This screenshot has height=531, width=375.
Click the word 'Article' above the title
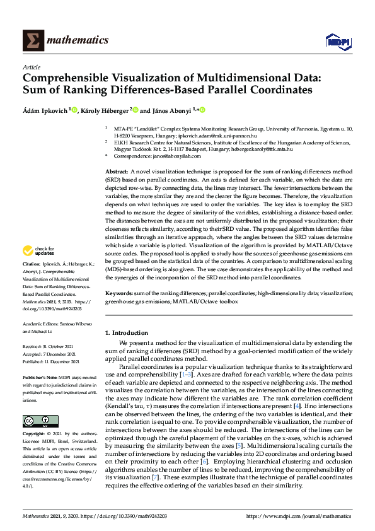31,67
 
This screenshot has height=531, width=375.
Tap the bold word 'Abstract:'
117,172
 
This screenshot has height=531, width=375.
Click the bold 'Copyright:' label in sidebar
35,435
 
